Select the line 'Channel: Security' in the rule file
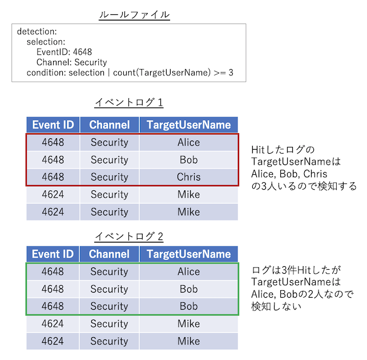point(71,62)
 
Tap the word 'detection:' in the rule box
point(38,31)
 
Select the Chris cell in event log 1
point(188,177)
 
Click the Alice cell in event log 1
point(188,142)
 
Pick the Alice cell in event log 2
point(188,271)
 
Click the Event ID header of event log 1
point(53,125)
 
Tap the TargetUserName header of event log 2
point(188,254)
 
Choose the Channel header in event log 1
point(110,125)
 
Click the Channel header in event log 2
point(110,254)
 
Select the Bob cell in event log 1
point(188,159)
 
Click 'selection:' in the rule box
point(46,42)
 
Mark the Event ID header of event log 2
point(53,254)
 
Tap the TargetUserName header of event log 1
point(188,125)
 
